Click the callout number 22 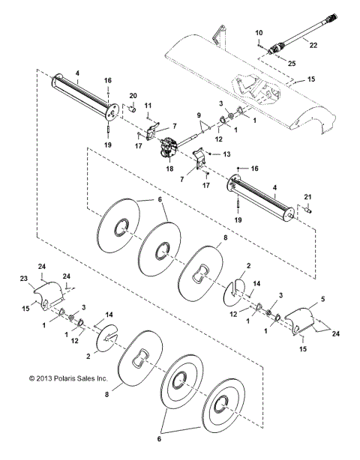tap(313, 45)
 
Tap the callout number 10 tap(259, 32)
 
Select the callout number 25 tap(292, 64)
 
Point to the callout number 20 tap(133, 96)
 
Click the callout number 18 tap(169, 169)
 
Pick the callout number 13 tap(226, 154)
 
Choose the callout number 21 tap(307, 197)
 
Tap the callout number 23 tap(24, 279)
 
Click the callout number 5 tap(323, 299)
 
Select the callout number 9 tap(199, 115)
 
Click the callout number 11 tap(148, 106)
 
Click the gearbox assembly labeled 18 tap(169, 148)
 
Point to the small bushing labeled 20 tap(133, 109)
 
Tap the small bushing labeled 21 tap(308, 211)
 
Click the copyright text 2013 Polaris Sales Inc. tap(68, 378)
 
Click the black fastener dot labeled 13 tap(210, 154)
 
